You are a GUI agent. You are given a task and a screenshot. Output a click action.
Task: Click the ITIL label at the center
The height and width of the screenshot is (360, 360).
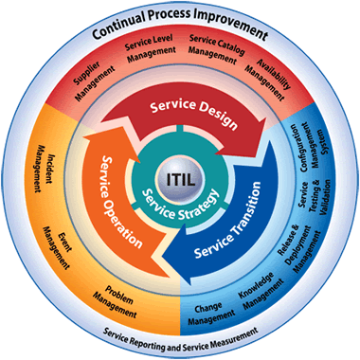(180, 177)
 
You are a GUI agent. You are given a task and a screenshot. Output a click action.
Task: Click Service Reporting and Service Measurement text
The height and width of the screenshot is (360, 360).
(180, 337)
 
